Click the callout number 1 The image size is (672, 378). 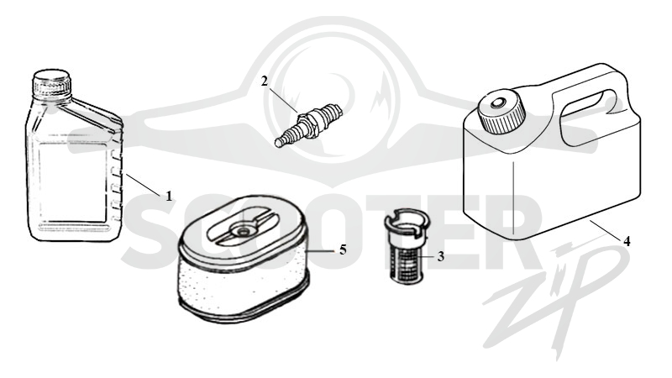(169, 196)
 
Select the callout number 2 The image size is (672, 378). (265, 81)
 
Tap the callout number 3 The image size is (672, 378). (440, 257)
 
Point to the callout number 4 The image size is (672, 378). (627, 242)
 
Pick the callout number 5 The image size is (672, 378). (343, 249)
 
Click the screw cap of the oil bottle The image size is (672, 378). (52, 83)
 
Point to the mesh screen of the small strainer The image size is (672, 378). (406, 262)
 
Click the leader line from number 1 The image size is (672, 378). (144, 184)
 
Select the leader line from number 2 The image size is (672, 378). (283, 98)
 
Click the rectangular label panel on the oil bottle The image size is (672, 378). (73, 183)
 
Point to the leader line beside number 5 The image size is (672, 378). (322, 251)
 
